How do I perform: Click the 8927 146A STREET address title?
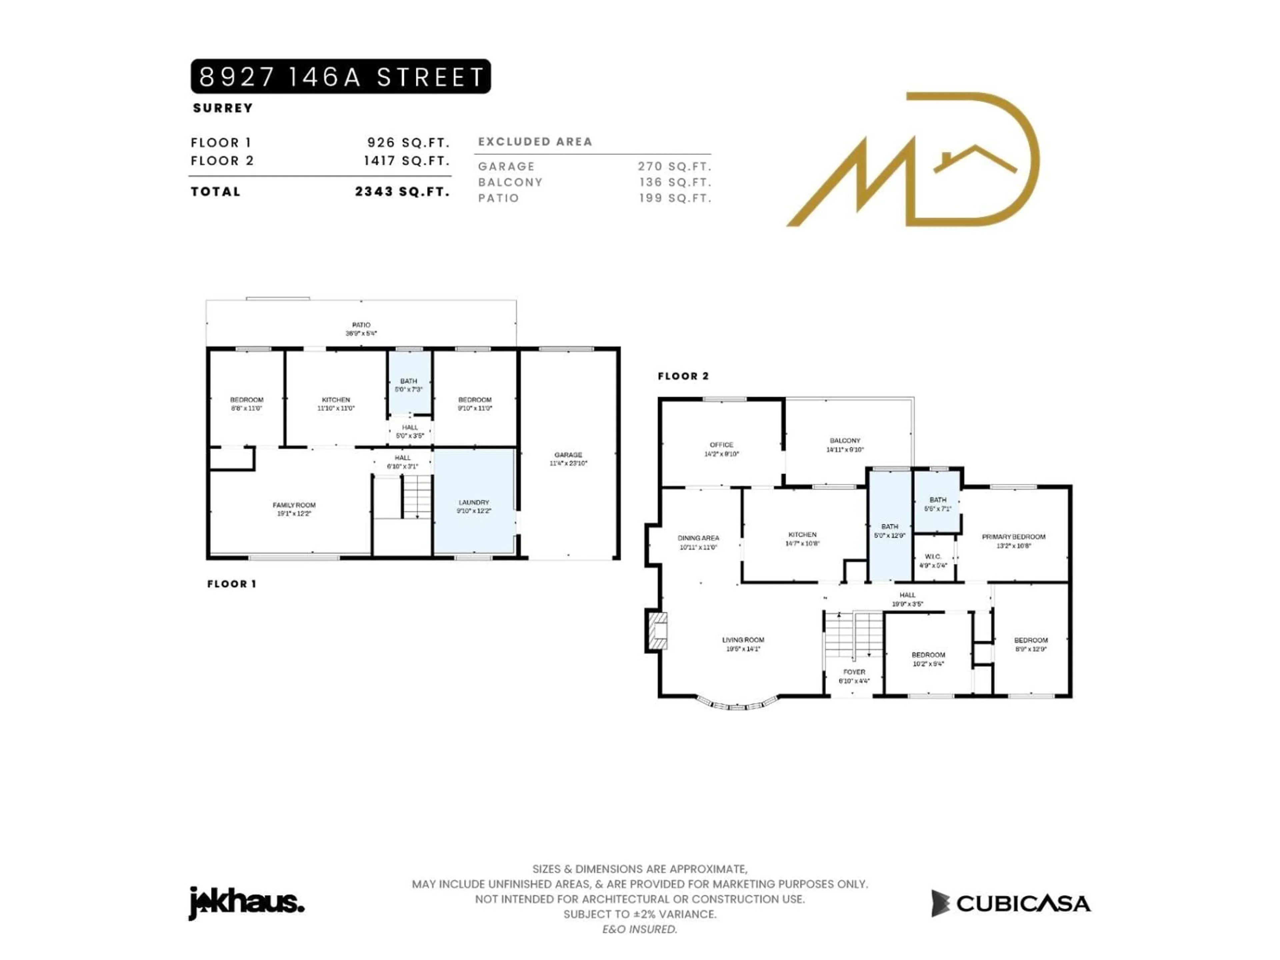pyautogui.click(x=340, y=76)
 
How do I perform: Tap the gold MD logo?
pyautogui.click(x=913, y=160)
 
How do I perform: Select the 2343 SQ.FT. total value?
pyautogui.click(x=402, y=192)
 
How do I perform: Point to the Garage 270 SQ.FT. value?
pyautogui.click(x=674, y=167)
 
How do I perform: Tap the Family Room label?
pyautogui.click(x=294, y=509)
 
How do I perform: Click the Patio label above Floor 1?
pyautogui.click(x=361, y=329)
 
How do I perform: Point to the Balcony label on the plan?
pyautogui.click(x=845, y=444)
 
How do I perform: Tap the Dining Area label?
pyautogui.click(x=698, y=542)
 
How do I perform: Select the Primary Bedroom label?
pyautogui.click(x=1013, y=540)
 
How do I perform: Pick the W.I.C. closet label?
pyautogui.click(x=933, y=560)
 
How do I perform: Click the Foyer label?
pyautogui.click(x=854, y=676)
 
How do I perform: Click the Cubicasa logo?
pyautogui.click(x=1010, y=903)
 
